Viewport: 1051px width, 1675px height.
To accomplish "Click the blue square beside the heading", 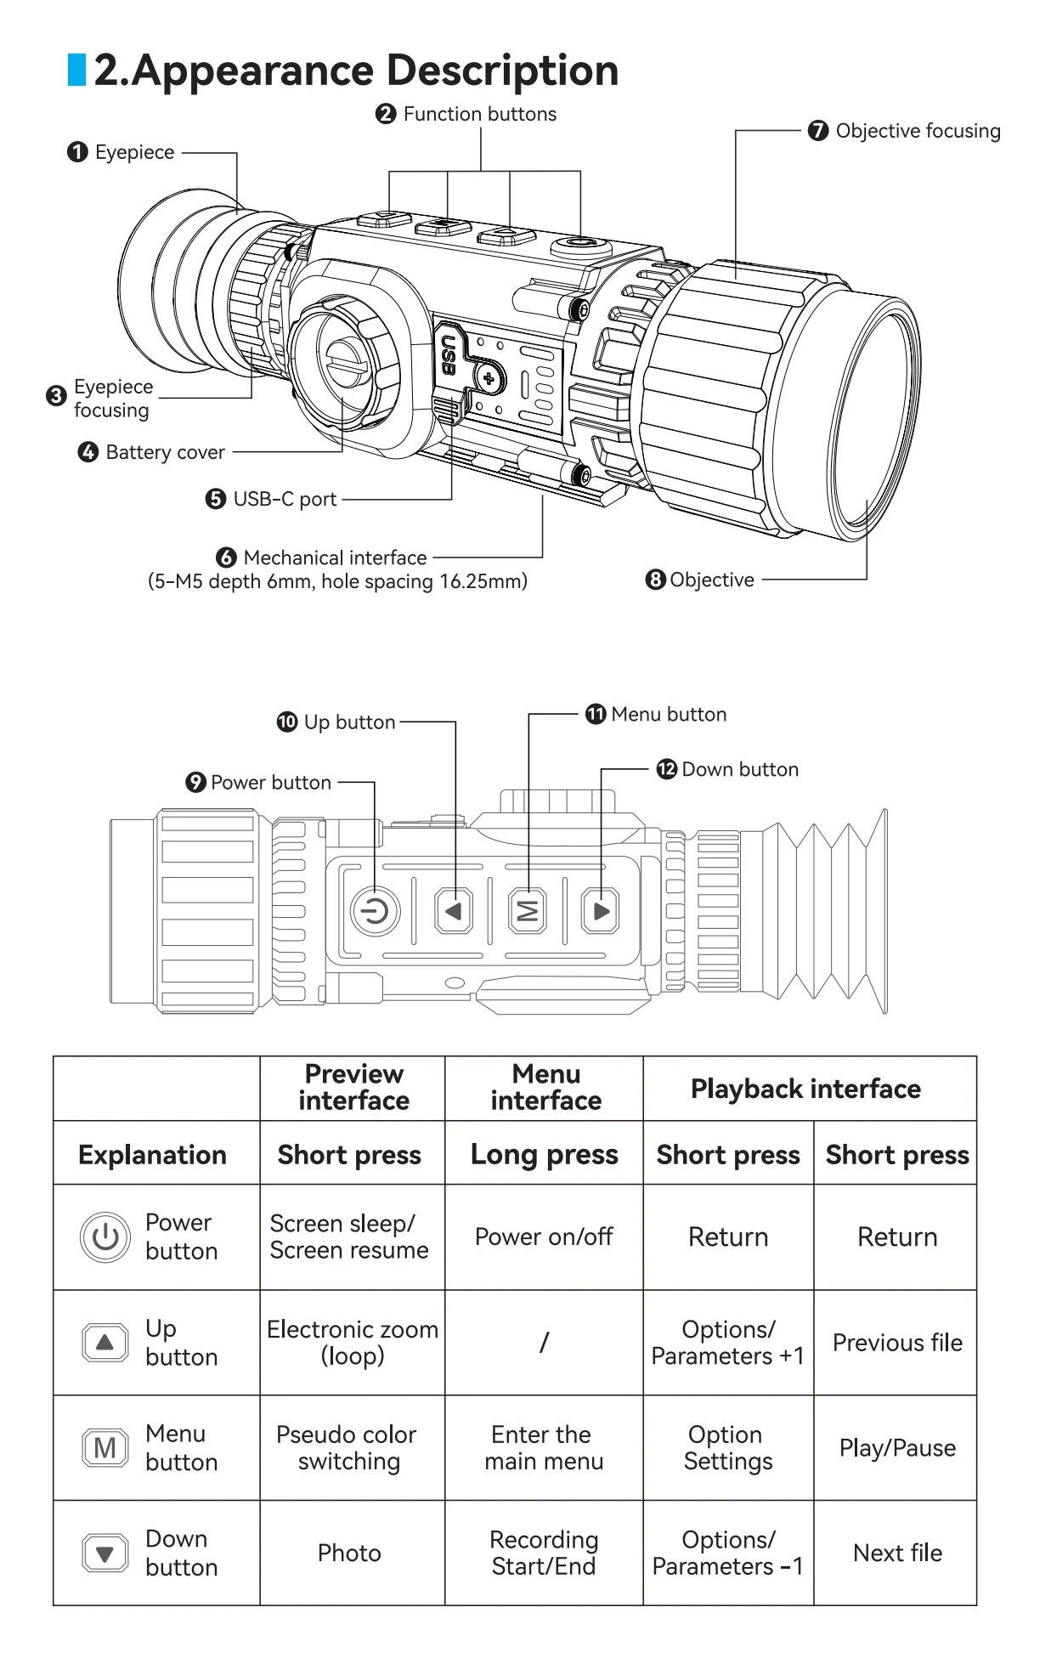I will [76, 70].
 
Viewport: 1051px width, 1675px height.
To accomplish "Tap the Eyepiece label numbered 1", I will [134, 152].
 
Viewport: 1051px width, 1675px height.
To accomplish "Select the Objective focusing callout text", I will [918, 131].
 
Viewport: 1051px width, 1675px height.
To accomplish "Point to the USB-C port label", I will [285, 499].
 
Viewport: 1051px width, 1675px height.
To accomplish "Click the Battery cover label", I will [165, 452].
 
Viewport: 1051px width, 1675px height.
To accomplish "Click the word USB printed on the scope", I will [448, 355].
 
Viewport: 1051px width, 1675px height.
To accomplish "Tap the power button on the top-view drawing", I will [375, 912].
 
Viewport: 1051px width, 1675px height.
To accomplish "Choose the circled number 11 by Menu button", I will [596, 714].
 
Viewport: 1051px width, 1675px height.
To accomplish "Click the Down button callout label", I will [739, 769].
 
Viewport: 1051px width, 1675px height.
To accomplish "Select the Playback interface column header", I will [805, 1089].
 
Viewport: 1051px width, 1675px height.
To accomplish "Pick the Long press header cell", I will [544, 1154].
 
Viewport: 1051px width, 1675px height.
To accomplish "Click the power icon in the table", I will [105, 1236].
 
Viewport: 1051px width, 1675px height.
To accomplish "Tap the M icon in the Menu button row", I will [105, 1447].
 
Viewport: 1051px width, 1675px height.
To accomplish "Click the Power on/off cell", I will [544, 1236].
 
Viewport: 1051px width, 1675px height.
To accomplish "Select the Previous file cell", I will [897, 1343].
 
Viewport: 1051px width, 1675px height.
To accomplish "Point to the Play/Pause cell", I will [897, 1447].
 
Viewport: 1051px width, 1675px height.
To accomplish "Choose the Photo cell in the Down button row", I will [349, 1553].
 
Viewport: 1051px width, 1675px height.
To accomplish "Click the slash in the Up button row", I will [544, 1343].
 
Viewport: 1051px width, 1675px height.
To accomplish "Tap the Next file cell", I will [897, 1553].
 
